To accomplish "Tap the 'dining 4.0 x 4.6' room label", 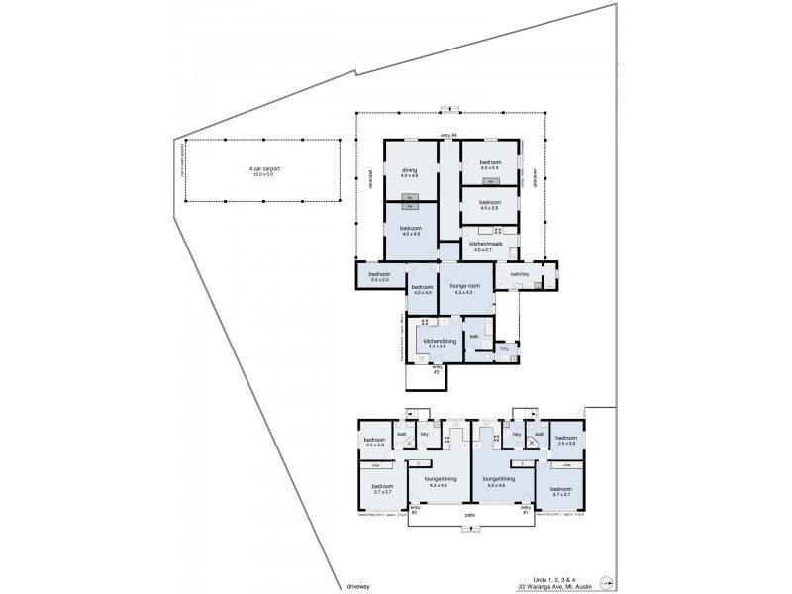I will click(409, 172).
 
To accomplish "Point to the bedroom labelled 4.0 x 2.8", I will click(490, 205).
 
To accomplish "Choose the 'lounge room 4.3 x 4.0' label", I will click(463, 288).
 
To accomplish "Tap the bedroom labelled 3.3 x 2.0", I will click(379, 277).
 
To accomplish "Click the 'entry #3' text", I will click(437, 368).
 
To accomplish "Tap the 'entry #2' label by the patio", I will click(415, 510).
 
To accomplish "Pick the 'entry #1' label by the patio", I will click(525, 510).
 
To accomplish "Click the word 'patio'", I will click(469, 515).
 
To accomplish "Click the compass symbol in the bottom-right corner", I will click(609, 582).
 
